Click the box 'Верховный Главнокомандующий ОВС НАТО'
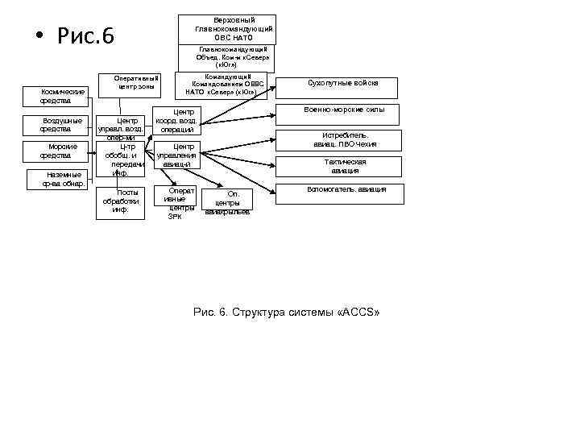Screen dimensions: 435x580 226,29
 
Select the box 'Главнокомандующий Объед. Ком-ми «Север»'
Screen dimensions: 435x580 226,57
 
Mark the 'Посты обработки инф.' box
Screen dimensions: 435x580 121,201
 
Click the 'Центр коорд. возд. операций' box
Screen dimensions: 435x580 177,120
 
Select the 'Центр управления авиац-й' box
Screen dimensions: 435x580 177,155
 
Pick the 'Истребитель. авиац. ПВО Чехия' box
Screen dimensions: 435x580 345,140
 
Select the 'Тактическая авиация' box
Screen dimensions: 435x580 345,166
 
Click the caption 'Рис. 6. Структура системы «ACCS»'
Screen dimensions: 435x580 286,312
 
